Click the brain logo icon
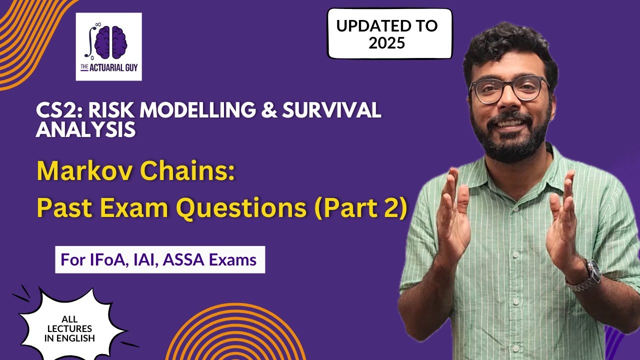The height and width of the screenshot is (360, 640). [109, 41]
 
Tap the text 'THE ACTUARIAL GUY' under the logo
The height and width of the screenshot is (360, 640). [108, 67]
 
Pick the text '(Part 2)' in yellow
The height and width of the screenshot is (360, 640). [360, 208]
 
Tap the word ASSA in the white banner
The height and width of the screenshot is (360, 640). [192, 260]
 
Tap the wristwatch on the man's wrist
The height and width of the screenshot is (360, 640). [591, 274]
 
